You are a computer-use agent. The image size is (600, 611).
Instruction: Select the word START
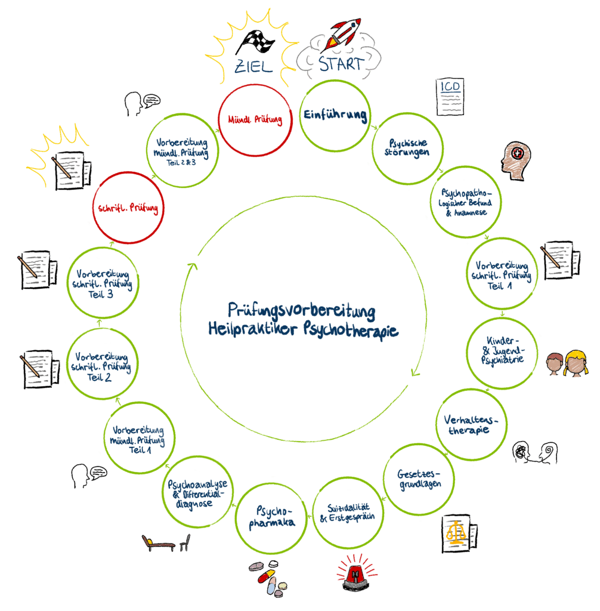[340, 64]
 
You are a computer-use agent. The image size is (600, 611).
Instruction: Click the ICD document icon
[450, 96]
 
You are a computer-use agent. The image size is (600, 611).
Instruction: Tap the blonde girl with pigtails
[576, 364]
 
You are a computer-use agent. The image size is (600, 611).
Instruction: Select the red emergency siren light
[357, 573]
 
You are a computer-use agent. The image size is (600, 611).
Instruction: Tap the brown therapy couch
[158, 544]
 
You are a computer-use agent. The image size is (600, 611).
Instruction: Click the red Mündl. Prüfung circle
[255, 119]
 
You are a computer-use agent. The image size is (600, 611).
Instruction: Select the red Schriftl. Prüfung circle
[128, 208]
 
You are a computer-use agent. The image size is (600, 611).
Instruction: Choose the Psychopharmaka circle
[273, 517]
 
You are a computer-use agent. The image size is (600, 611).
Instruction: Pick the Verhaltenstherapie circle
[471, 424]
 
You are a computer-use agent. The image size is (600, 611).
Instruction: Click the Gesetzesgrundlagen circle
[419, 479]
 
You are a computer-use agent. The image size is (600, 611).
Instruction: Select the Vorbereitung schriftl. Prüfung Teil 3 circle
[102, 283]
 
